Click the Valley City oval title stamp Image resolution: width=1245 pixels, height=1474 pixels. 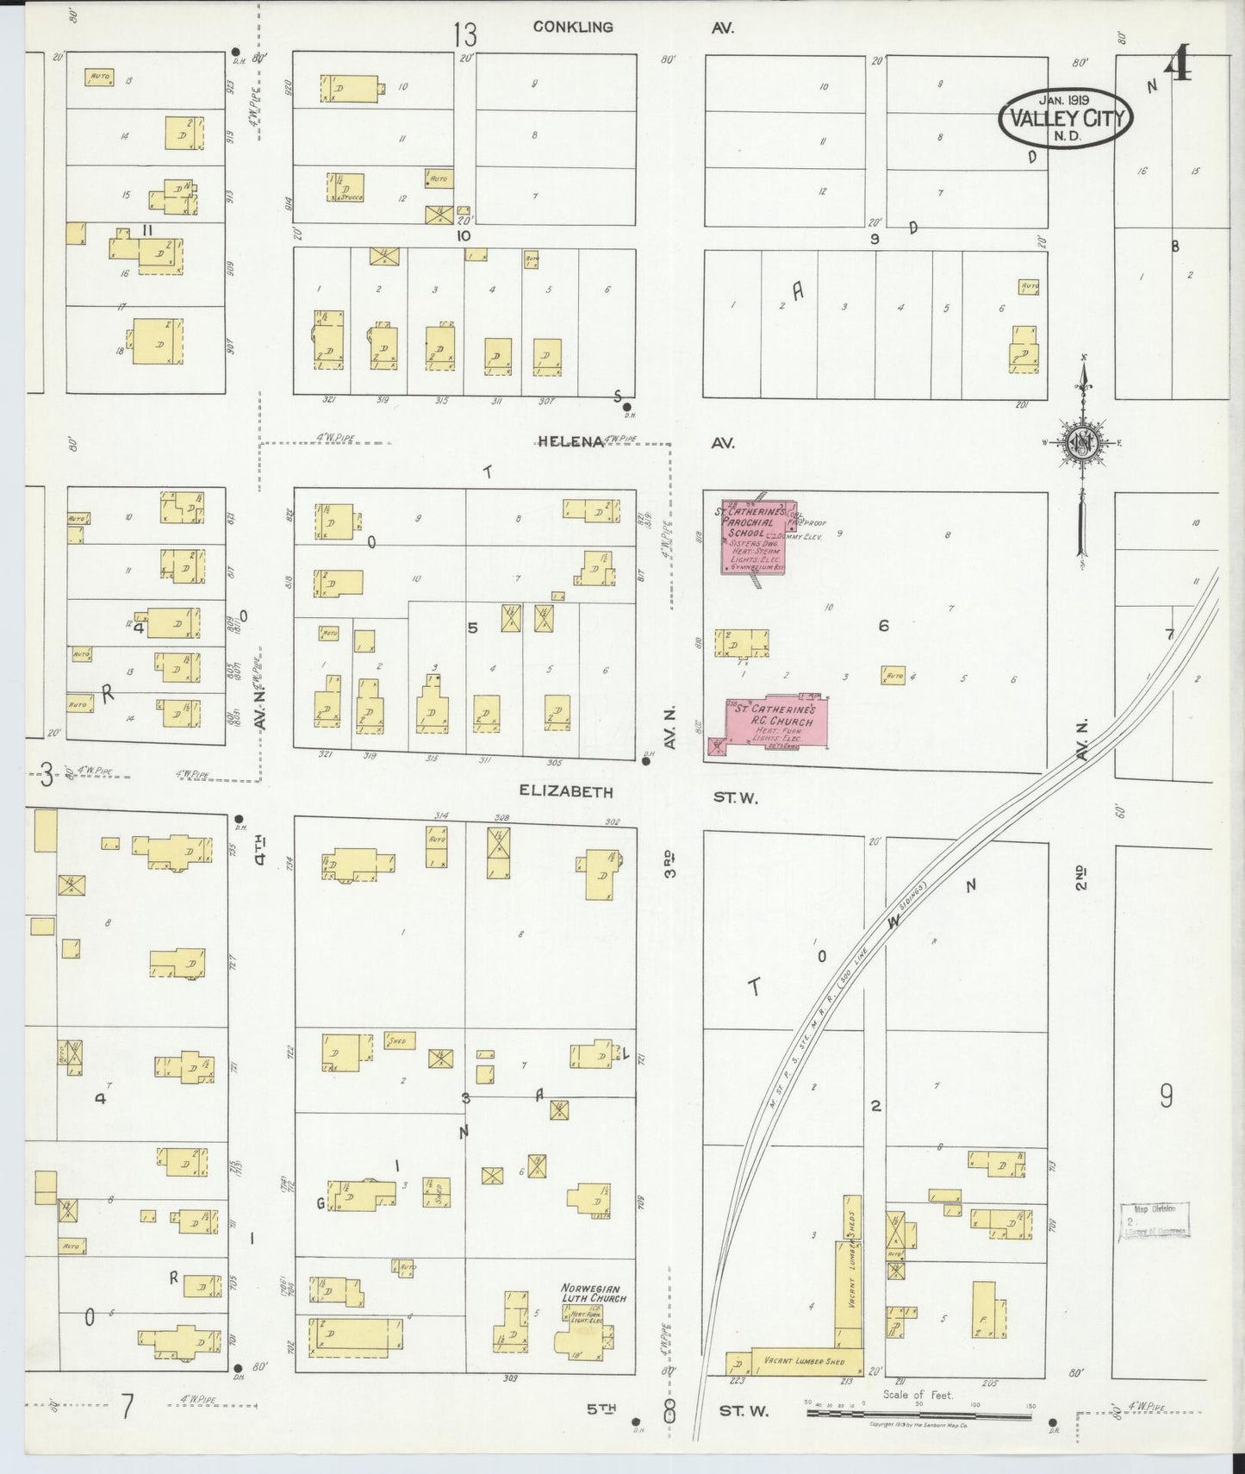tap(1066, 117)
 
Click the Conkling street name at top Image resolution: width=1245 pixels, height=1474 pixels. tap(573, 27)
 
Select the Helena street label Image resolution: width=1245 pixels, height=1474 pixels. tap(570, 441)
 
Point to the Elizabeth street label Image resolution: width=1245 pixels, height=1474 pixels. tap(566, 791)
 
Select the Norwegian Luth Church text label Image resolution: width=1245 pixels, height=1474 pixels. tap(593, 1292)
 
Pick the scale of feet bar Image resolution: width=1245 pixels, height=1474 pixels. tap(918, 1415)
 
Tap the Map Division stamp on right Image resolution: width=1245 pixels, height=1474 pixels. tap(1155, 1221)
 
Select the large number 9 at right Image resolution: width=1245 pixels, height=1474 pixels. tap(1166, 1096)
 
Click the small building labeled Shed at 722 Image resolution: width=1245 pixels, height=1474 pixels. tap(400, 1040)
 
